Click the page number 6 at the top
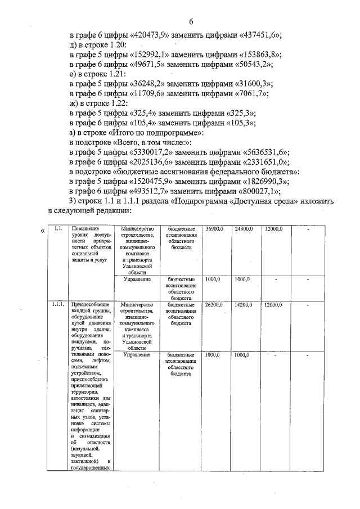point(191,22)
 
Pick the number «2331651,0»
point(264,163)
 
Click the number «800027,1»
point(258,191)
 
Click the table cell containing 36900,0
point(215,229)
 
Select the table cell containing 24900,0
point(244,229)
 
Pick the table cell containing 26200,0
point(215,304)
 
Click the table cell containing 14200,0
point(244,304)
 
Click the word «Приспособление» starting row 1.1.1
point(89,304)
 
